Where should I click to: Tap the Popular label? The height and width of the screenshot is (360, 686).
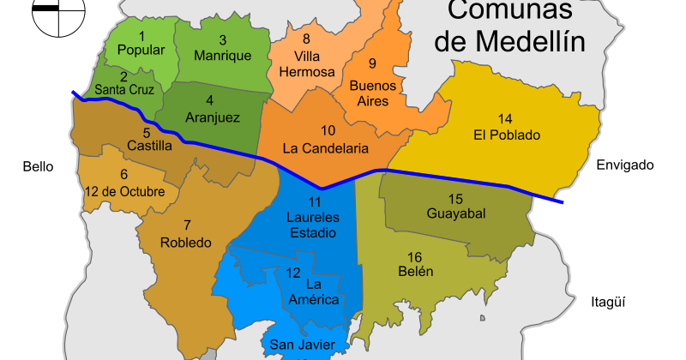point(141,50)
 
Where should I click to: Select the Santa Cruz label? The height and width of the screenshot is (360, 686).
point(123,89)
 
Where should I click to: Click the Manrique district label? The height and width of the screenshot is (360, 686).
point(222,55)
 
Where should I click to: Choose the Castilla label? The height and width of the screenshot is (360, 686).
point(149,146)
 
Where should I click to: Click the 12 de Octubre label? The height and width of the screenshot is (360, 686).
point(125,191)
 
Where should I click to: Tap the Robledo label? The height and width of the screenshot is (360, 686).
point(185,243)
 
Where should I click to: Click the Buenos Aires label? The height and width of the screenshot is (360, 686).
point(373,93)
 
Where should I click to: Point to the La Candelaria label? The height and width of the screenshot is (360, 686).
point(326,147)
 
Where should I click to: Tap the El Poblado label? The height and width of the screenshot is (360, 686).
point(506,135)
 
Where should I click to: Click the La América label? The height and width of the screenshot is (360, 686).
point(315,291)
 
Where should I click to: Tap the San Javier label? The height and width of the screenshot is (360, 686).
point(296,345)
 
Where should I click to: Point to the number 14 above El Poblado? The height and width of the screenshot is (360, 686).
point(505,118)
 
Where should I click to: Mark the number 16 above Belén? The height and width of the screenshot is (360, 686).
point(415,256)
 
